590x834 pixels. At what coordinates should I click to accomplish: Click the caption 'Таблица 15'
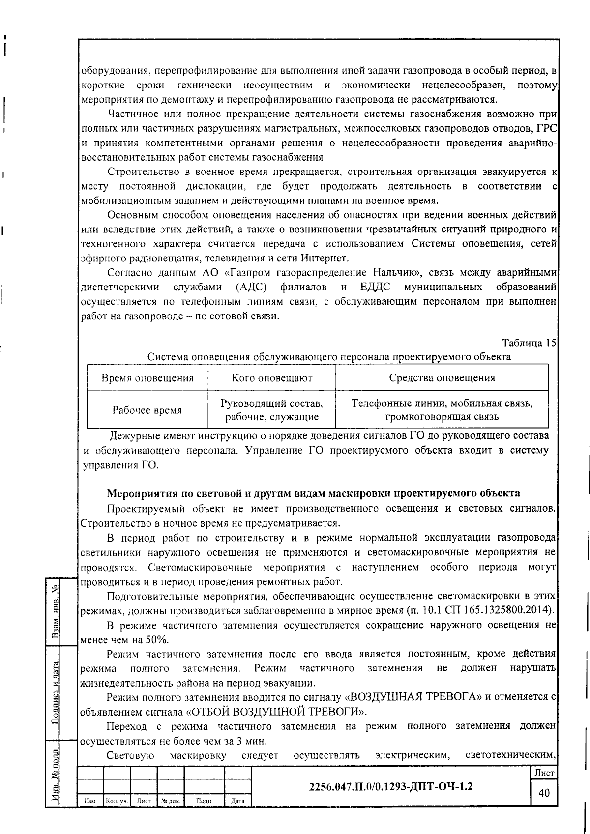tap(529, 343)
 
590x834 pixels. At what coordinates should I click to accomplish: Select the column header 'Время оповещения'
tap(147, 378)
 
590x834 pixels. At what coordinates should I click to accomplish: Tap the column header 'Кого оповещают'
tap(272, 378)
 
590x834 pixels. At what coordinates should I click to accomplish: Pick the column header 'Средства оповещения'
tap(442, 378)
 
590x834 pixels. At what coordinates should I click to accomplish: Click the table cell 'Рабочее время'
tap(147, 410)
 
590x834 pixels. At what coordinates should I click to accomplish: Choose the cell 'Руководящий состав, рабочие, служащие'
tap(272, 410)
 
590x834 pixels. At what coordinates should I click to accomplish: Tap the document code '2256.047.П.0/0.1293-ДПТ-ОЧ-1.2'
tap(391, 786)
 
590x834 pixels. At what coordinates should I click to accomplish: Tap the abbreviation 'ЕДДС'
tap(375, 287)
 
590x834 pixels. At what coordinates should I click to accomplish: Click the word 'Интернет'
tap(323, 259)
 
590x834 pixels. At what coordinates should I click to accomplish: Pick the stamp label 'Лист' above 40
tap(544, 773)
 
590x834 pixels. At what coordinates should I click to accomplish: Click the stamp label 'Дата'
tap(237, 801)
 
